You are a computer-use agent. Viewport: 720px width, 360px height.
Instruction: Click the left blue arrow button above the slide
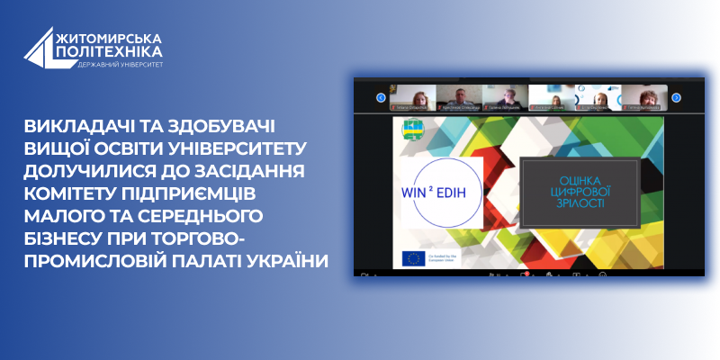click(x=381, y=97)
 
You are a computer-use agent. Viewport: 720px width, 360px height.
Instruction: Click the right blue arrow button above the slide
click(x=676, y=97)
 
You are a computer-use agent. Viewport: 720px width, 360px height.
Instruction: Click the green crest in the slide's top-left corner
click(x=413, y=129)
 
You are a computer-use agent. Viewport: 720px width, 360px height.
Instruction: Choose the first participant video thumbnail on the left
click(x=413, y=97)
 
